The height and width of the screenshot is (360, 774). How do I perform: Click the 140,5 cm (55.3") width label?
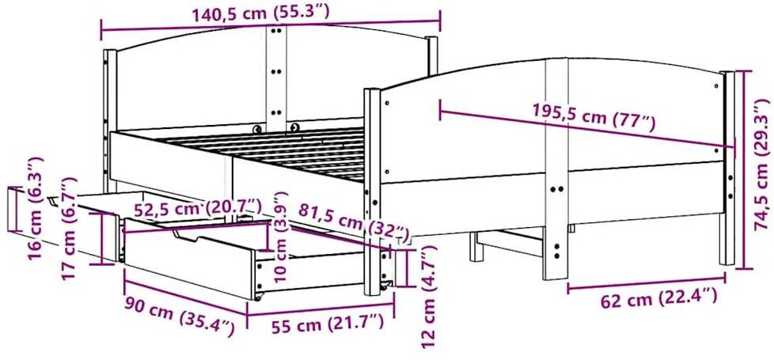pyautogui.click(x=260, y=13)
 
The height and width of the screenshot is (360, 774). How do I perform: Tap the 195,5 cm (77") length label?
pyautogui.click(x=594, y=117)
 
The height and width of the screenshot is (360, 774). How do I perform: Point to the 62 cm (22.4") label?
pyautogui.click(x=658, y=299)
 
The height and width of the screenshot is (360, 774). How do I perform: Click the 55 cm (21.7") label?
pyautogui.click(x=328, y=324)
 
